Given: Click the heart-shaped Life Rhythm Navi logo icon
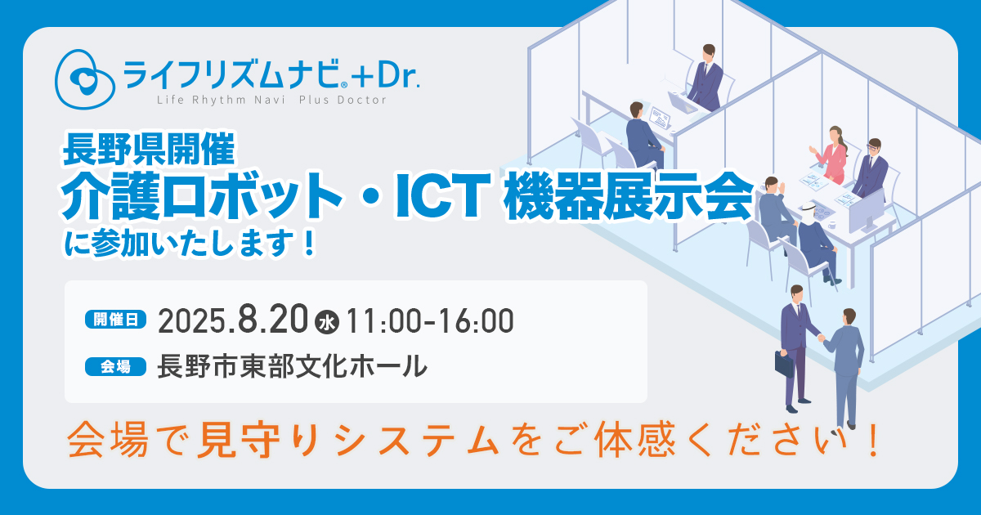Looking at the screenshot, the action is click(84, 79).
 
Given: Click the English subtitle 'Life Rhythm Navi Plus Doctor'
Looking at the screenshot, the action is click(271, 101).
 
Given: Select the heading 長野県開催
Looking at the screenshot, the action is click(149, 150).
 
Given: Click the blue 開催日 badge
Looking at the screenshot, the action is click(115, 320).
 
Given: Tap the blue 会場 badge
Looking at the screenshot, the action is click(115, 366).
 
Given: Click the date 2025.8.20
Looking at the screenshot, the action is click(233, 321).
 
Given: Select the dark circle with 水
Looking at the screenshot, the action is click(327, 323).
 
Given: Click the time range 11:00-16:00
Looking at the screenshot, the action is click(430, 322).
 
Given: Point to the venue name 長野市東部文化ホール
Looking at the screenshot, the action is click(292, 366).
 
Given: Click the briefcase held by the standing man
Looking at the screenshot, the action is click(784, 364).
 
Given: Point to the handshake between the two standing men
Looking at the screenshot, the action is click(821, 338).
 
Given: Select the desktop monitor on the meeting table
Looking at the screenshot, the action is click(867, 213).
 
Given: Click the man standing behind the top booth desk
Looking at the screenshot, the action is click(706, 77).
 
